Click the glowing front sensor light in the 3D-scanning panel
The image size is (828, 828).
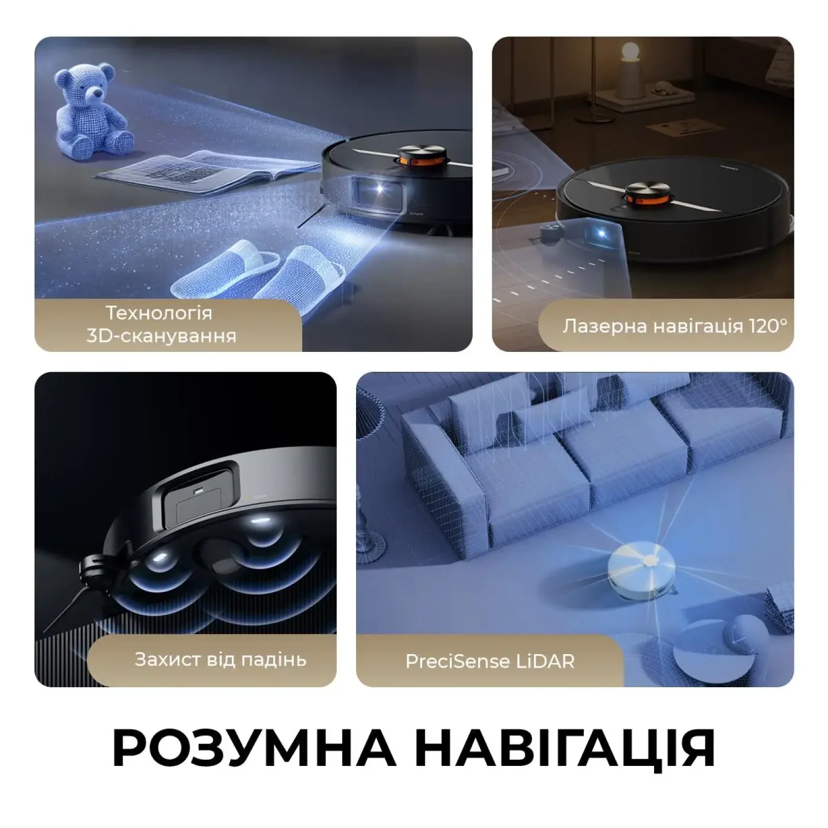(x=379, y=188)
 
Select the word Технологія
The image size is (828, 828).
(x=159, y=313)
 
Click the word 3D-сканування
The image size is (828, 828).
(x=161, y=336)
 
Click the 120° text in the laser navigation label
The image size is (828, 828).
(x=768, y=326)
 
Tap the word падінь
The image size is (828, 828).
(x=274, y=660)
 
